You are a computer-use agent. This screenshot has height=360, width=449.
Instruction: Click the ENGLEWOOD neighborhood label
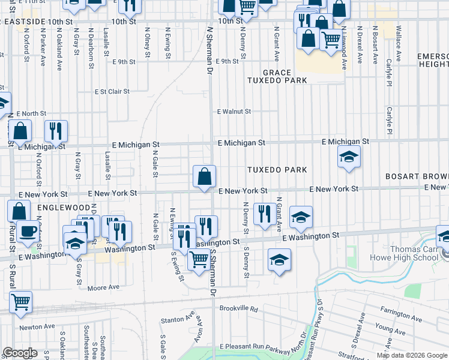click(x=63, y=207)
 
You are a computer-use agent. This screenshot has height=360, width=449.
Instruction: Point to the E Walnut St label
click(x=234, y=112)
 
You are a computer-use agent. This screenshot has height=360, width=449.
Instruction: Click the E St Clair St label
click(x=112, y=92)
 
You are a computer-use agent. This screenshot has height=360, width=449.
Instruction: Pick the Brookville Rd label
click(x=238, y=309)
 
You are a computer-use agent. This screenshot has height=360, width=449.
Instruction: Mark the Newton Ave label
click(x=38, y=327)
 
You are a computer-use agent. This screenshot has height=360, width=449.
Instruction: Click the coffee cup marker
click(x=27, y=231)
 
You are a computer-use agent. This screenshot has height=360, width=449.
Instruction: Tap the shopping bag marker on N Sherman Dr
click(x=204, y=176)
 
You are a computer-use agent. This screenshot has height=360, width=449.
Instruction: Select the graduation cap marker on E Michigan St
click(x=349, y=157)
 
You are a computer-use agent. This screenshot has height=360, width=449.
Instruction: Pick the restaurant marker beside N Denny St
click(x=264, y=214)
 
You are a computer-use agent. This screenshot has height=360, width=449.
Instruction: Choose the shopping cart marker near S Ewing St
click(x=199, y=260)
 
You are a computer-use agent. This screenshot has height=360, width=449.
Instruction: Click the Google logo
click(x=20, y=353)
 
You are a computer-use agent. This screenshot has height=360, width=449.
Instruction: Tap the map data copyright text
click(x=411, y=355)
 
